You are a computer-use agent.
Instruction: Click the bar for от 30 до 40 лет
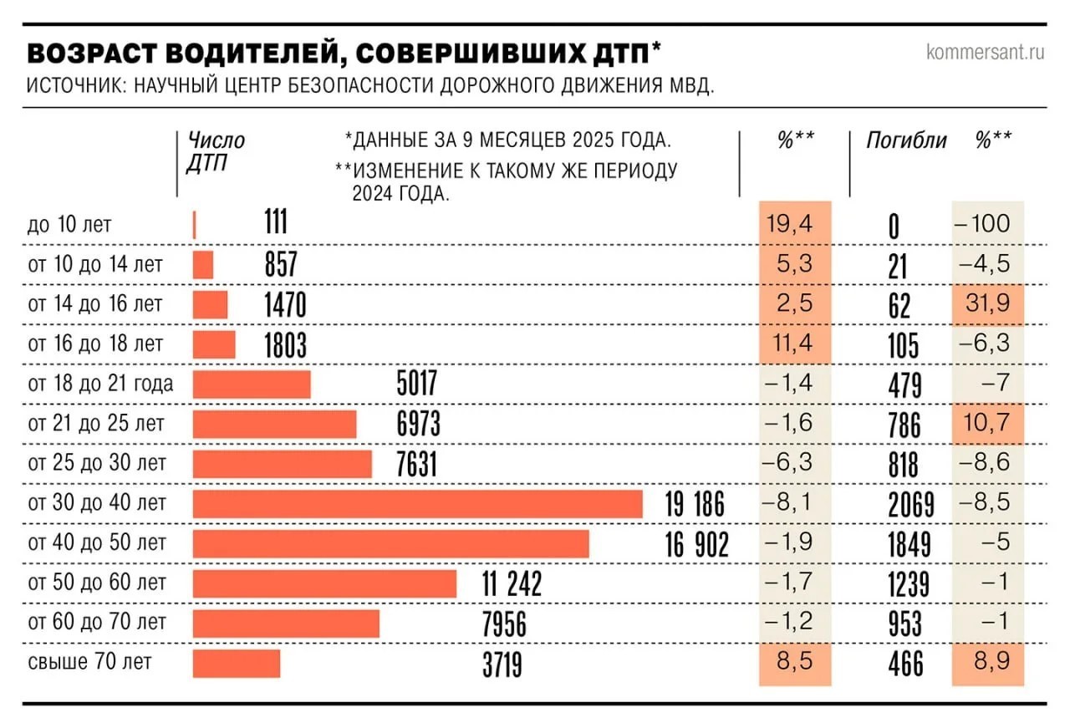(x=418, y=504)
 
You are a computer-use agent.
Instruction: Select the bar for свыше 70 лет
(x=237, y=664)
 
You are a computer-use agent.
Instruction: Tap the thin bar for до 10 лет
(x=195, y=225)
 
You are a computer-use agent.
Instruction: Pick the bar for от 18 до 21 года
(x=252, y=384)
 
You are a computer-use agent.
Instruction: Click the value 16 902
(x=697, y=545)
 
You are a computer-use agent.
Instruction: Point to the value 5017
(x=417, y=384)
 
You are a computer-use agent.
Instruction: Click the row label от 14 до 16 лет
(x=95, y=303)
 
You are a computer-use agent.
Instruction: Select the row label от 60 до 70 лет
(x=97, y=622)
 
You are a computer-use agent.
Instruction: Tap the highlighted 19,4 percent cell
(x=795, y=223)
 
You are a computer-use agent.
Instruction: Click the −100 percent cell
(x=988, y=223)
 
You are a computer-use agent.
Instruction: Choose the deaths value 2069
(x=911, y=505)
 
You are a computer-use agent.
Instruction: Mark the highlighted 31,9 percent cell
(x=988, y=303)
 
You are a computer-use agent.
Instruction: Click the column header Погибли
(x=906, y=140)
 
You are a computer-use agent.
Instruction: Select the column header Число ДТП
(x=216, y=152)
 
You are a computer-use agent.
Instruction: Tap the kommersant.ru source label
(x=985, y=53)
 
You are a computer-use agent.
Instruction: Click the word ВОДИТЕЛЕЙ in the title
(x=250, y=53)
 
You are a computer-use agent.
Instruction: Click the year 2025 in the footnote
(x=594, y=140)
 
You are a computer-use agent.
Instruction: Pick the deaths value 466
(x=905, y=664)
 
